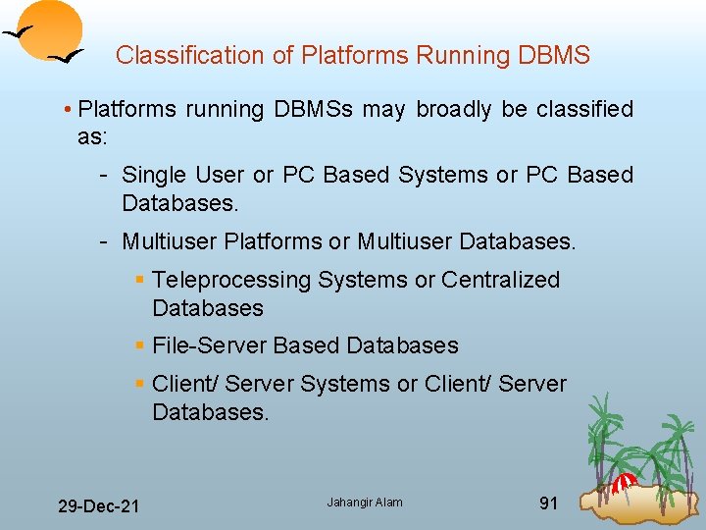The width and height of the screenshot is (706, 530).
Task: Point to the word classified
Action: pos(584,109)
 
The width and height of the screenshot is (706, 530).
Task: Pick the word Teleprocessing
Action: pos(230,280)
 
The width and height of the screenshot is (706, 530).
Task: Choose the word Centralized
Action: pos(500,280)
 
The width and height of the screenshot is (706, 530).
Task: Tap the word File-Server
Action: pos(210,345)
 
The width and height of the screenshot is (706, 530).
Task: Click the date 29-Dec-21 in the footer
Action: pos(98,506)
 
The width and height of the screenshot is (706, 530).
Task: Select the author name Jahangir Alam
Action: pos(365,503)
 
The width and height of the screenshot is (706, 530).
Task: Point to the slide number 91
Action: pos(549,503)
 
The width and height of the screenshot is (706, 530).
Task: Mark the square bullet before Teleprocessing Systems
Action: pos(140,281)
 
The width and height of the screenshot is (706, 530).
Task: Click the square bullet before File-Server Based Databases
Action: pos(140,346)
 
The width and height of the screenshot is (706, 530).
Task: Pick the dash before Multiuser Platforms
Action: pos(103,240)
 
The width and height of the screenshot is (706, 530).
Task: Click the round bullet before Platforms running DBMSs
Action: pos(68,109)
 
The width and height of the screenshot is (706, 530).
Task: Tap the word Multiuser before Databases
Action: pos(405,240)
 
